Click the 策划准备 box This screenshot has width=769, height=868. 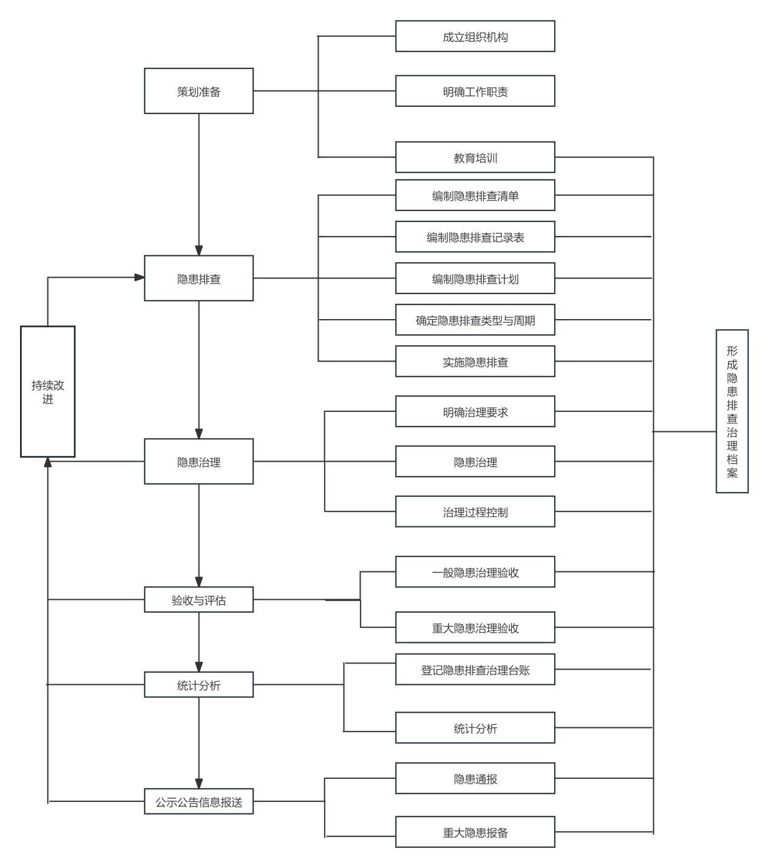[x=198, y=91]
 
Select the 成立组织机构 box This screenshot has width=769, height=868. [x=475, y=36]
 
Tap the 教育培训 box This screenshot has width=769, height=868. [x=475, y=157]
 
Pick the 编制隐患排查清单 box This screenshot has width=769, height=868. [x=475, y=195]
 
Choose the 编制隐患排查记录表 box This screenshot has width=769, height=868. [x=475, y=237]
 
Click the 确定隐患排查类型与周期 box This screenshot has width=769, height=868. [x=475, y=320]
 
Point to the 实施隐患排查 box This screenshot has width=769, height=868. [x=475, y=362]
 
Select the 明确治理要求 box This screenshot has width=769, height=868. [x=475, y=411]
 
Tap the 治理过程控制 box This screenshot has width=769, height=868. [x=475, y=511]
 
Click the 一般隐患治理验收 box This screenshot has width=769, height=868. [x=475, y=572]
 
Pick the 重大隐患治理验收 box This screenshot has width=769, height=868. [x=475, y=627]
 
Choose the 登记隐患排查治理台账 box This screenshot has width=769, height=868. [x=475, y=669]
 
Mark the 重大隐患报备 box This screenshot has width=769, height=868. [x=475, y=832]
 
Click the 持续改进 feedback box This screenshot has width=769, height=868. [x=48, y=391]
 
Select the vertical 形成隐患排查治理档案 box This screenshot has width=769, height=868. [x=732, y=411]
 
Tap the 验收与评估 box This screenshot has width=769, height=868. [x=198, y=599]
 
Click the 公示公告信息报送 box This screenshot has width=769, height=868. [x=198, y=801]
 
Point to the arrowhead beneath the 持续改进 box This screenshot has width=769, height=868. [x=48, y=462]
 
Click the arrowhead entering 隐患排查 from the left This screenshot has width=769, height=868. [x=139, y=277]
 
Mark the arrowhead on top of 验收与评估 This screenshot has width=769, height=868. [x=198, y=582]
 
